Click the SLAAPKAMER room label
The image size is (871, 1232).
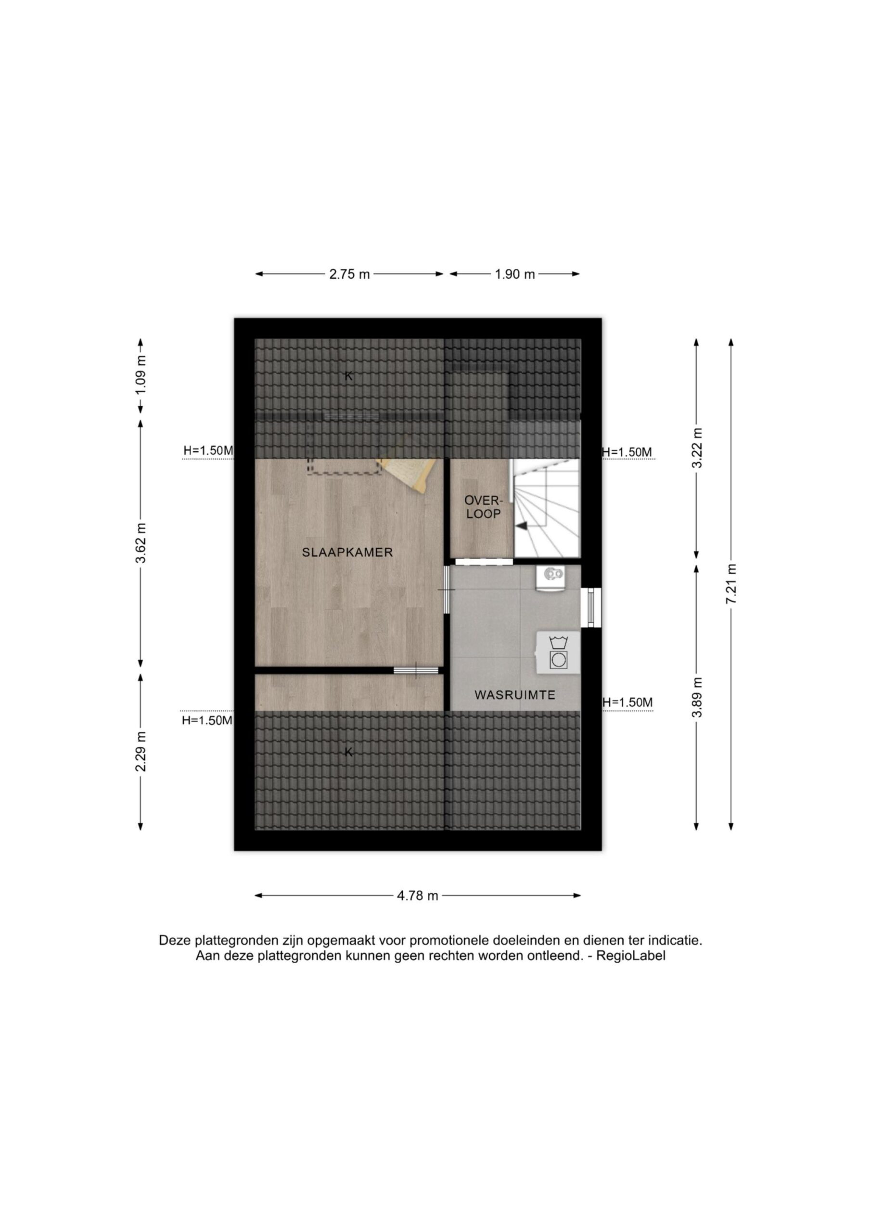click(347, 552)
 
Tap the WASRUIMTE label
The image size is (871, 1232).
click(514, 695)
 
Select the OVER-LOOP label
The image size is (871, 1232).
click(483, 507)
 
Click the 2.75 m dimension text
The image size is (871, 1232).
click(349, 274)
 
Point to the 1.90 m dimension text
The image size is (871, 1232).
click(514, 274)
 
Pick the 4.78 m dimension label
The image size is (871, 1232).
click(418, 896)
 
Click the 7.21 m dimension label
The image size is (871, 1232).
click(731, 584)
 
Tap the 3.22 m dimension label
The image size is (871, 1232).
click(697, 448)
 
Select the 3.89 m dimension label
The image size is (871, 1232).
click(697, 697)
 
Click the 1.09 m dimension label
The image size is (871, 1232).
click(141, 375)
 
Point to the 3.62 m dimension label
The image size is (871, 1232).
click(141, 542)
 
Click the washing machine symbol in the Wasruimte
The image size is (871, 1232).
click(559, 652)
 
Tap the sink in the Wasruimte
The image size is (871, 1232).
click(550, 577)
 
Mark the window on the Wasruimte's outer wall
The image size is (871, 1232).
click(591, 607)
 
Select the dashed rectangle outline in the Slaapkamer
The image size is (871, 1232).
click(344, 466)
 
